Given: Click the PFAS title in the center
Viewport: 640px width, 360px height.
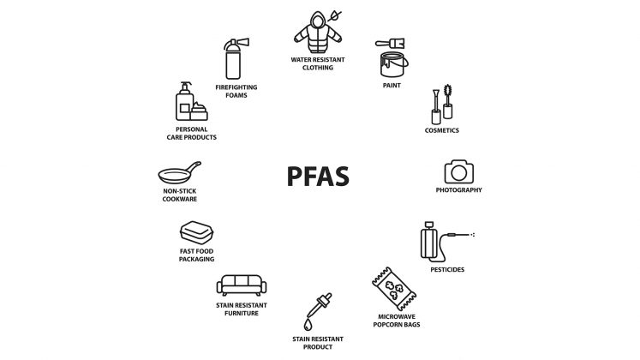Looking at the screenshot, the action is point(318,177).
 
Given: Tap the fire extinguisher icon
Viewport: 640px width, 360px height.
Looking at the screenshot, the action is point(234,59).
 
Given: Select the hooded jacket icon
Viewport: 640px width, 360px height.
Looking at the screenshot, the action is point(318,33).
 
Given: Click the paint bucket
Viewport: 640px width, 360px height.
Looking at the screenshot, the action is point(393,64).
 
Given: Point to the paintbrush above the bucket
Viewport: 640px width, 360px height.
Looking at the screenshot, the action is point(390,43).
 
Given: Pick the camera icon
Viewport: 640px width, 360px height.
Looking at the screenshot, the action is point(459,171).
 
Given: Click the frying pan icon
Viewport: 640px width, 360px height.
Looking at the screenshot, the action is point(179,173).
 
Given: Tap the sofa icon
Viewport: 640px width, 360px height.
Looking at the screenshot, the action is point(242,285).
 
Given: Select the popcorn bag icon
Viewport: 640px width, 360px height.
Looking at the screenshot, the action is point(394,289).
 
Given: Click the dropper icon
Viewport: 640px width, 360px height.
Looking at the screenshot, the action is point(320,305).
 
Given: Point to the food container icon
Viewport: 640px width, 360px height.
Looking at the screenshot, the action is point(197,232).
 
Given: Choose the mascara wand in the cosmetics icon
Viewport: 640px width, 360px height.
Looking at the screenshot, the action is point(448,101).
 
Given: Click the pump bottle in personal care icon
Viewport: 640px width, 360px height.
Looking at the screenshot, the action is point(184,102).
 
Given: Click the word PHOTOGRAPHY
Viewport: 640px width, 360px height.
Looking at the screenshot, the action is point(458,190).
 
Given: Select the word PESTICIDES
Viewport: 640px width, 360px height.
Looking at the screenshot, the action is point(447,270).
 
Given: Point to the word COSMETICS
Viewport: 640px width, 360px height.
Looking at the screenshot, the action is point(441,130).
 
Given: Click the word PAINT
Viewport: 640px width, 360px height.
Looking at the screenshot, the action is point(392,86).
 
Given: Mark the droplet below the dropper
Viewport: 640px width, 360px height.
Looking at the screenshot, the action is point(308,325).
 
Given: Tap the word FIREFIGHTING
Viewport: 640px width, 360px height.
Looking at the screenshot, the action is point(236,87).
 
